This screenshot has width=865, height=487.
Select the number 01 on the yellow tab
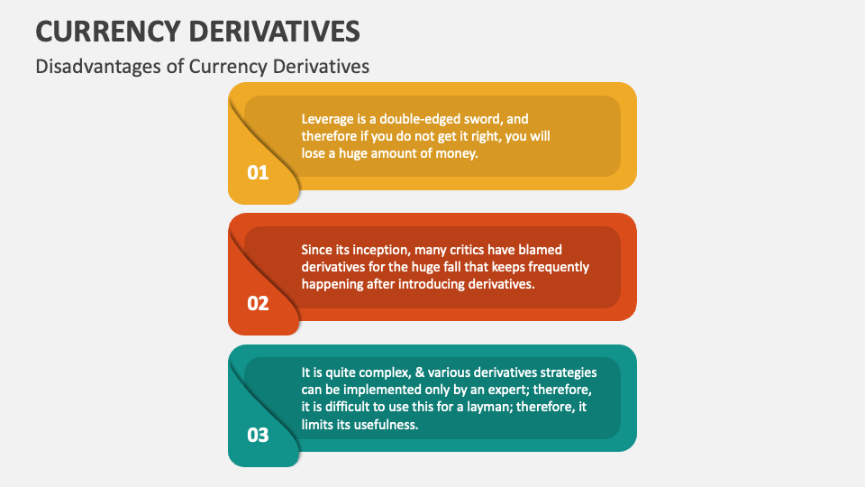tap(258, 172)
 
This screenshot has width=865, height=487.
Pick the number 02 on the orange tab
tap(258, 303)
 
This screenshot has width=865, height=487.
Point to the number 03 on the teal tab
tap(258, 435)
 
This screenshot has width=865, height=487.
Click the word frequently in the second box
tap(556, 267)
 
